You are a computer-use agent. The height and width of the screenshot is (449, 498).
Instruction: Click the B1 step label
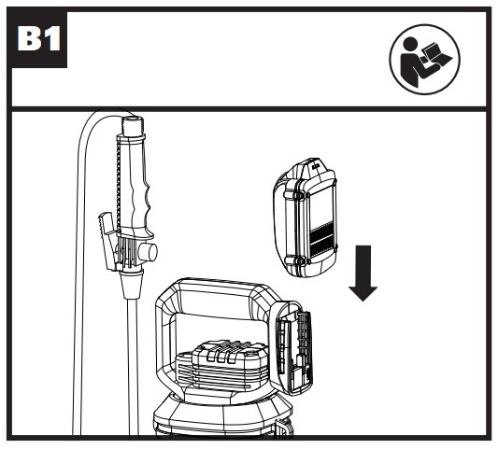pyautogui.click(x=39, y=38)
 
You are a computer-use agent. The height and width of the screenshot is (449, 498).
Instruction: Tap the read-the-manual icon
pyautogui.click(x=425, y=60)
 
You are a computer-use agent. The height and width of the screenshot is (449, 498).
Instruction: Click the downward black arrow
pyautogui.click(x=363, y=274)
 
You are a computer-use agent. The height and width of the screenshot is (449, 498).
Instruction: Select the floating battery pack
pyautogui.click(x=306, y=217)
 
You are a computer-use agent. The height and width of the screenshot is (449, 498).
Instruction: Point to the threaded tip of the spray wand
pyautogui.click(x=134, y=126)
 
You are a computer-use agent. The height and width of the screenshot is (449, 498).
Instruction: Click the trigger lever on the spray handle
pyautogui.click(x=108, y=240)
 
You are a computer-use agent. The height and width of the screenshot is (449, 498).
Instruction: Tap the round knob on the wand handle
pyautogui.click(x=148, y=252)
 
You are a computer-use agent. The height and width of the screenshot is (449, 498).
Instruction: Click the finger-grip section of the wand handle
pyautogui.click(x=142, y=203)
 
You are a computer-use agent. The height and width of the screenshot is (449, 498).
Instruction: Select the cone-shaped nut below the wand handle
pyautogui.click(x=131, y=284)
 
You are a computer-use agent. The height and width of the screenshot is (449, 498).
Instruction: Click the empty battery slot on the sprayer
pyautogui.click(x=293, y=348)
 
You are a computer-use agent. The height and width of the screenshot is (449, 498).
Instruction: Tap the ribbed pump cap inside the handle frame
pyautogui.click(x=222, y=365)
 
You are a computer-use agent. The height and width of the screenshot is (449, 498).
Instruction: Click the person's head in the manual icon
pyautogui.click(x=410, y=44)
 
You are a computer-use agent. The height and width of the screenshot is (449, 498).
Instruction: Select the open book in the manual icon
pyautogui.click(x=435, y=54)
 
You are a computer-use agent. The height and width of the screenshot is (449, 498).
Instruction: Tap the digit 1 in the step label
pyautogui.click(x=51, y=38)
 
